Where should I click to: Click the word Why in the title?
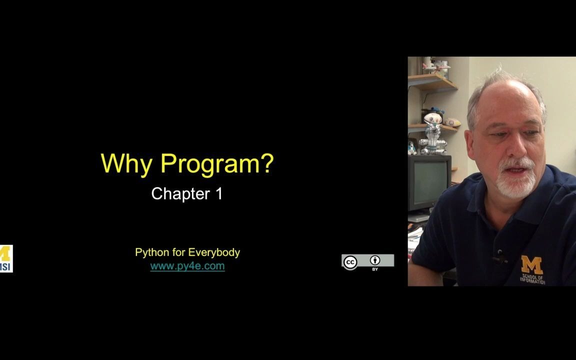click(x=126, y=164)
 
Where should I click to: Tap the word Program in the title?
click(x=210, y=164)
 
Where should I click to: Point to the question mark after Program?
click(x=267, y=162)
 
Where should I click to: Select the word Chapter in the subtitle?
click(x=180, y=193)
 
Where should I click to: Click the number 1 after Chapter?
click(x=219, y=193)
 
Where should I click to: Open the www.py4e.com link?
click(x=187, y=266)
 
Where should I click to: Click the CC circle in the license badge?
click(x=350, y=262)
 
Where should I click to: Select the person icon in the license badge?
click(x=375, y=260)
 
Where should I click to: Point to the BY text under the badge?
click(x=375, y=269)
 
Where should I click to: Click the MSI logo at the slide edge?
click(x=6, y=258)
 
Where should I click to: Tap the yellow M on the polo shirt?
click(x=532, y=265)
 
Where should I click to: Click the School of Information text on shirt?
click(x=532, y=279)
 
